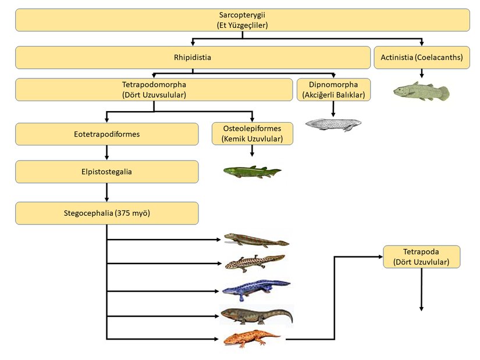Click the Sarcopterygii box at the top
242,20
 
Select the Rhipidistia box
193,58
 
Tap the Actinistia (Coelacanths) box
421,58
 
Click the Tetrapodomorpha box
154,90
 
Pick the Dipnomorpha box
333,90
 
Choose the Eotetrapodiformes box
107,134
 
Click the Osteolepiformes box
252,134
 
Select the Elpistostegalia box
107,172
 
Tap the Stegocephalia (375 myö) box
107,213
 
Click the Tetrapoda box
421,256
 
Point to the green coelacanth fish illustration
421,91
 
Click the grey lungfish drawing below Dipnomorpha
333,124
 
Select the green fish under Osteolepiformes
252,171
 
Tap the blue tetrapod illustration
256,287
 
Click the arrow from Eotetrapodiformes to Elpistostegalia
107,152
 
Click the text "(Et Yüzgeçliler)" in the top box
242,25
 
